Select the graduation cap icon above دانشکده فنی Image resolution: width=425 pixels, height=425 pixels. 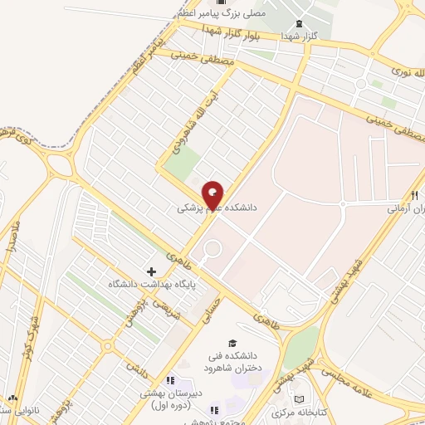click(232, 344)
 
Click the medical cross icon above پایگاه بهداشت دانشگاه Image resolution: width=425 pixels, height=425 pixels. click(151, 271)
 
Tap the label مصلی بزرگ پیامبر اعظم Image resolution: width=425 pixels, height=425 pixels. click(221, 14)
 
